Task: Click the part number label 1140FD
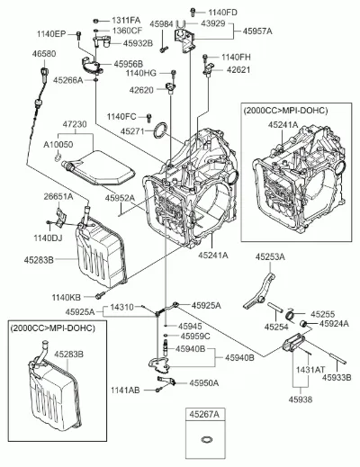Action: (x=222, y=13)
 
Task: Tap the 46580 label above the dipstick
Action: (x=44, y=54)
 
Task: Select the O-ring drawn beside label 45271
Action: (x=160, y=130)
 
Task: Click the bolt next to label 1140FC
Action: (x=149, y=118)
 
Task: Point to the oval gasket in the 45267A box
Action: (x=206, y=440)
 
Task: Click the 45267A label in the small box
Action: (x=204, y=414)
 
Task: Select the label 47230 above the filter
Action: (x=75, y=123)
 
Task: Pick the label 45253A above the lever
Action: (x=270, y=256)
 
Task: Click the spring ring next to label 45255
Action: (x=291, y=314)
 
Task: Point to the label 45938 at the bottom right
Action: (x=301, y=400)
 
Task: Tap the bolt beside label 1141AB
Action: (x=158, y=390)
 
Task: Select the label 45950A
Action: (x=203, y=382)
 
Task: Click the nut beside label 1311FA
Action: (x=96, y=21)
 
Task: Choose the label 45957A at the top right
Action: (x=257, y=31)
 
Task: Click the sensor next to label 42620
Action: (x=170, y=88)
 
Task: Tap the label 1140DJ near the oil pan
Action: (x=48, y=238)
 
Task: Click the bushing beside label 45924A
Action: (x=305, y=324)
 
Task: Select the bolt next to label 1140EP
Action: (x=79, y=35)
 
